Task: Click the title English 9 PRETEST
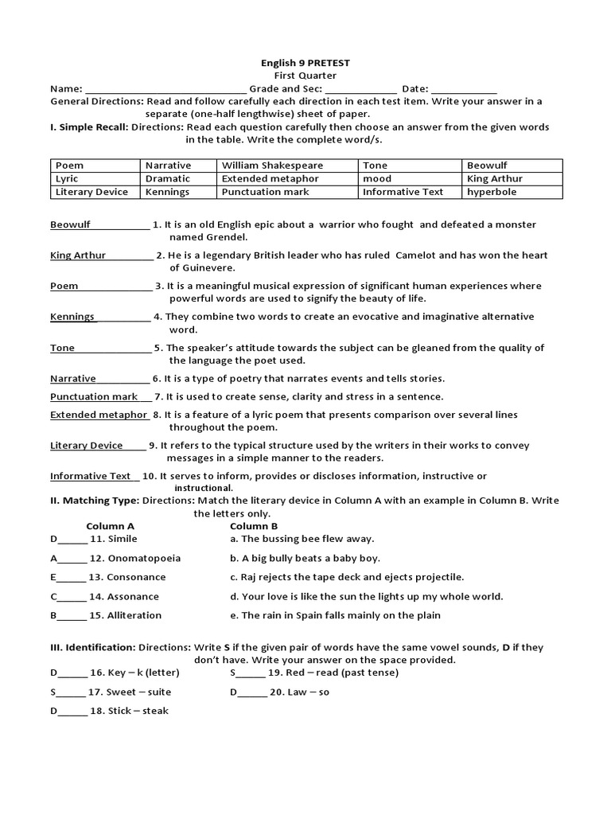pyautogui.click(x=305, y=63)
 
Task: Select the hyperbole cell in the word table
pyautogui.click(x=492, y=192)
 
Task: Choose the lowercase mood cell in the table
pyautogui.click(x=377, y=179)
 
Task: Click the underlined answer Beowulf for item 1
pyautogui.click(x=70, y=224)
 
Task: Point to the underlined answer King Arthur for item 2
pyautogui.click(x=77, y=255)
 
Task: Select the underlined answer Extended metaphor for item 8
pyautogui.click(x=99, y=415)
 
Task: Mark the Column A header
pyautogui.click(x=110, y=526)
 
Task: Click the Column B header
pyautogui.click(x=254, y=526)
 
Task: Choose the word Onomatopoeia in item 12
pyautogui.click(x=144, y=558)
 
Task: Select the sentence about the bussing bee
pyautogui.click(x=298, y=539)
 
